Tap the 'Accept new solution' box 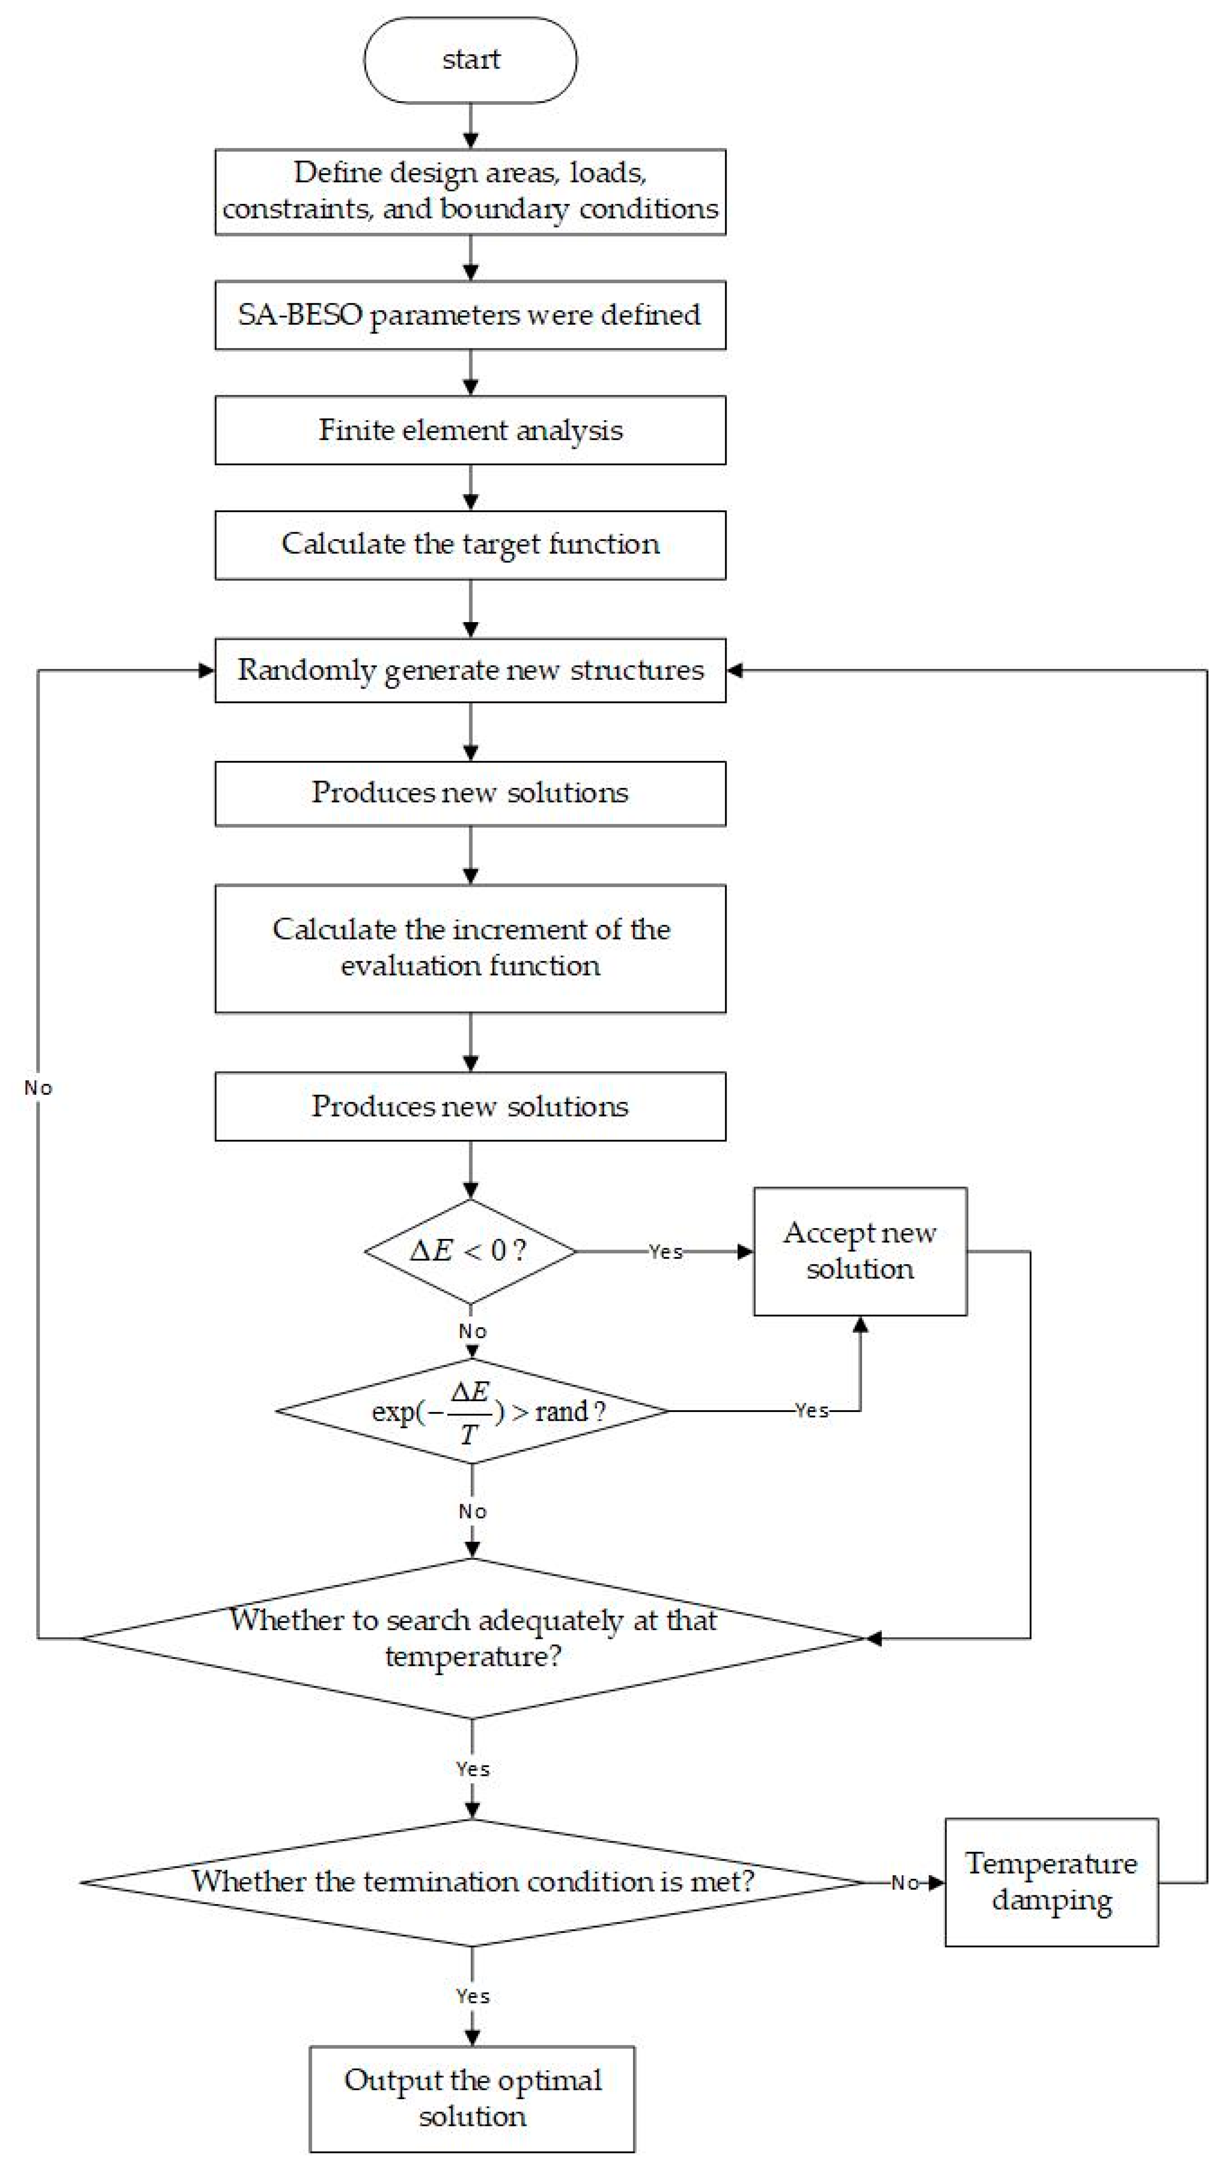(x=860, y=1251)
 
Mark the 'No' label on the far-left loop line (x=38, y=1088)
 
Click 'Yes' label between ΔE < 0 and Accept (x=665, y=1252)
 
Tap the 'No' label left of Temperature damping (x=904, y=1883)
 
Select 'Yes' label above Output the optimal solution (x=472, y=1996)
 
